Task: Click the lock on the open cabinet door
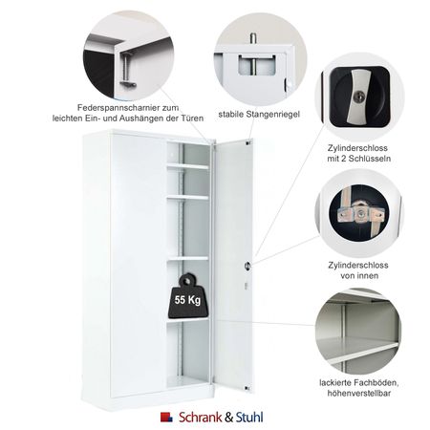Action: [x=247, y=265]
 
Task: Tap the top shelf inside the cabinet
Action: [x=185, y=166]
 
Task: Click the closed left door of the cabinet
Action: [x=124, y=258]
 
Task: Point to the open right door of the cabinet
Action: [x=231, y=258]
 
